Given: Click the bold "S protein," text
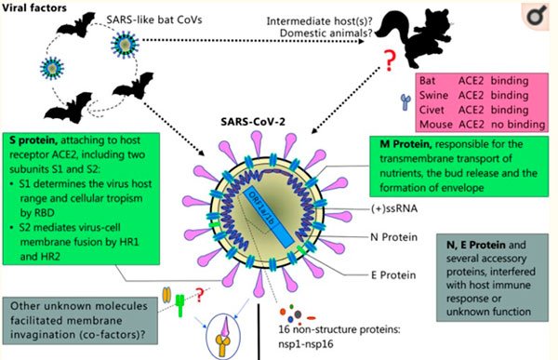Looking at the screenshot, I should tap(33, 140).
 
